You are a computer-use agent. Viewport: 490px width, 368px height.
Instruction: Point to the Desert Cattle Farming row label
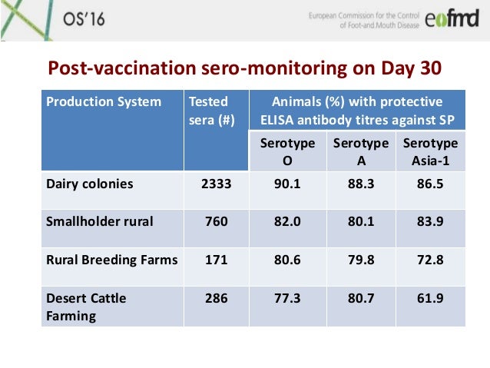click(85, 306)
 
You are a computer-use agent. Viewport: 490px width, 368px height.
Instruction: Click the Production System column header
click(103, 102)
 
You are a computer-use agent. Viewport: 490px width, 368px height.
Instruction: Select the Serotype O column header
click(282, 151)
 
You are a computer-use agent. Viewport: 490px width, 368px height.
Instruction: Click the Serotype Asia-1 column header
click(430, 151)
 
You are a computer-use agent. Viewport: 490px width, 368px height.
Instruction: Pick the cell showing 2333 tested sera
click(216, 184)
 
